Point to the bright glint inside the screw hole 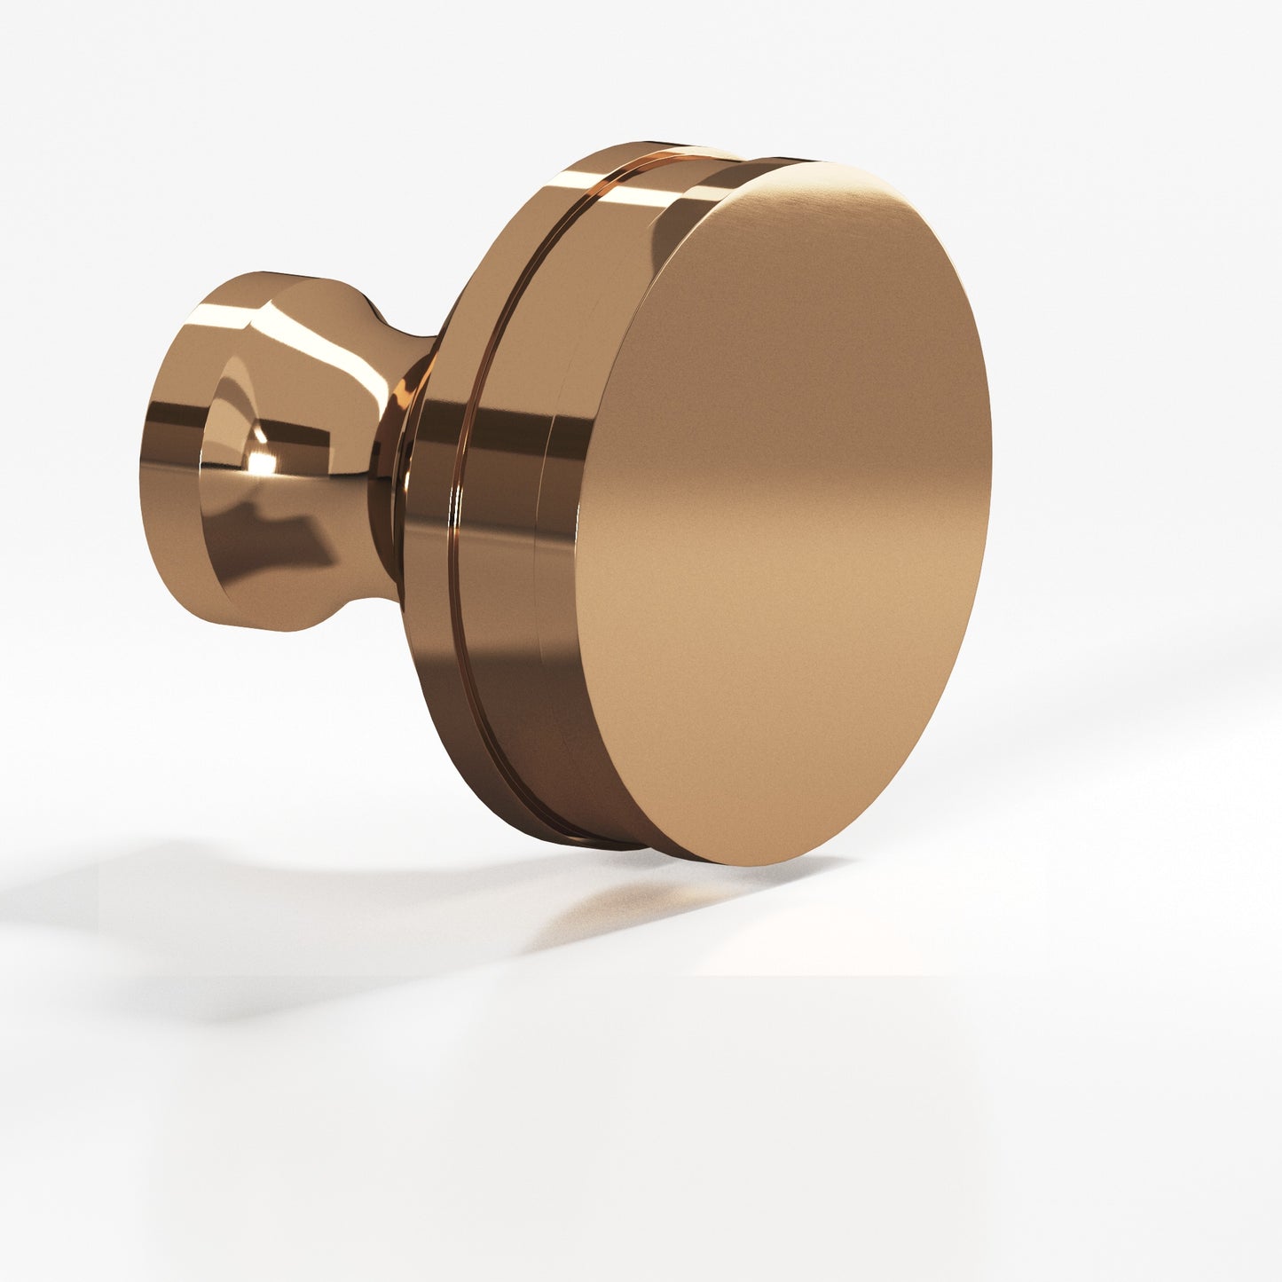coord(260,461)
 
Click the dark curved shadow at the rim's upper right coord(674,231)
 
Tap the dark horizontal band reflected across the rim coord(497,435)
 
